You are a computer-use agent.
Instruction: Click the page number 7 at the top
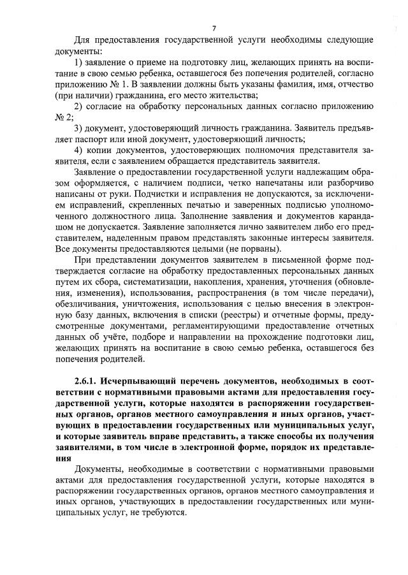coord(214,27)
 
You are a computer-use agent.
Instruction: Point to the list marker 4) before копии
coord(79,150)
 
